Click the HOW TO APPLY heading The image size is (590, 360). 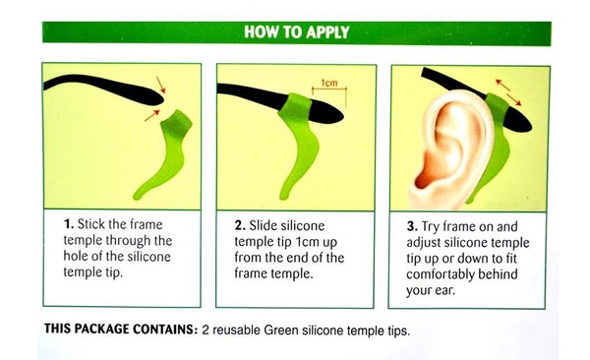297,32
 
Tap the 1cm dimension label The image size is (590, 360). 329,83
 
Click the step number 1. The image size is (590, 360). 69,224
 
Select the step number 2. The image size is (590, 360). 240,225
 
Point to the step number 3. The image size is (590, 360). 412,226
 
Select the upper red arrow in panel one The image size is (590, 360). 160,85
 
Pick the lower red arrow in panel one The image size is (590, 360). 152,116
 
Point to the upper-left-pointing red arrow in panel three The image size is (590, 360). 503,86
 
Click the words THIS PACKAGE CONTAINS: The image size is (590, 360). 121,330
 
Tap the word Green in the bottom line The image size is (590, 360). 280,330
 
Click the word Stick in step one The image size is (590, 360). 90,224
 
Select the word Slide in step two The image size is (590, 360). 264,226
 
